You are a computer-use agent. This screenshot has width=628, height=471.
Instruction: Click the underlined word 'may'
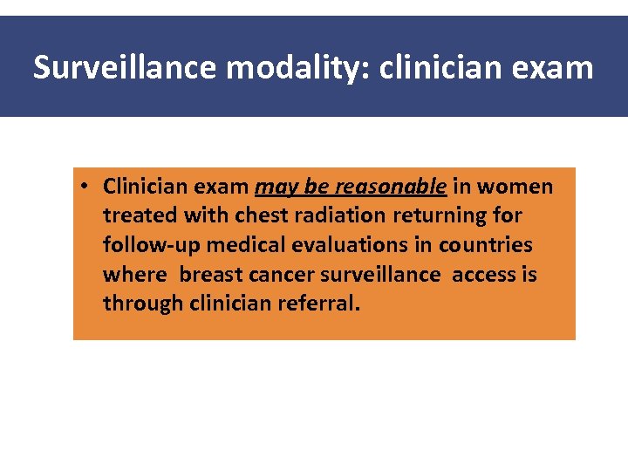273,187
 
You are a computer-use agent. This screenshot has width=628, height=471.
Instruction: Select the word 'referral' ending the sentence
319,304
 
